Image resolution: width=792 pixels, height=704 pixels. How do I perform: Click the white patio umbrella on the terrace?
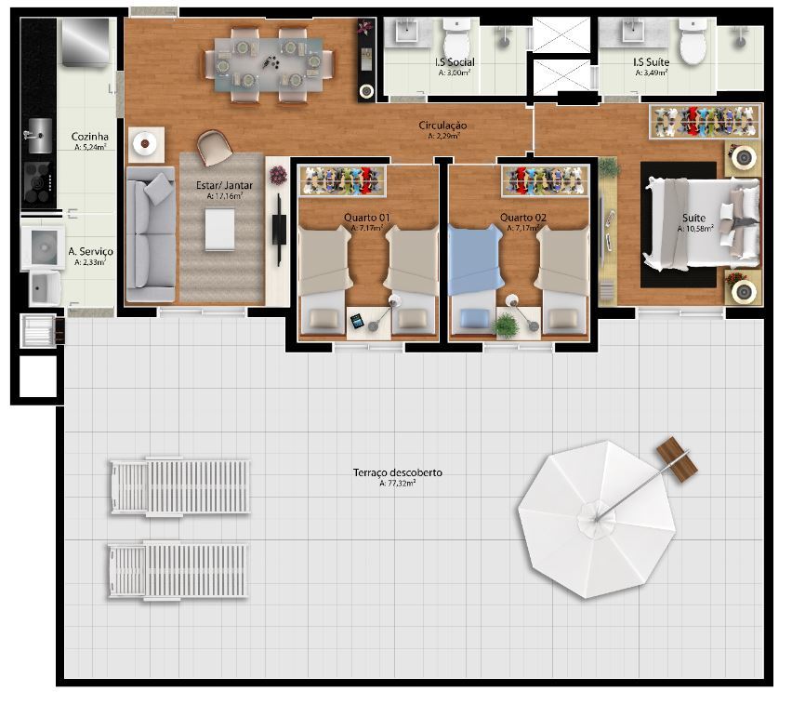597,520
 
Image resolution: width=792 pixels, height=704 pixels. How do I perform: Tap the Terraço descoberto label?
398,473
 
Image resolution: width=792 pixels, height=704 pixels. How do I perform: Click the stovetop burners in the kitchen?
37,182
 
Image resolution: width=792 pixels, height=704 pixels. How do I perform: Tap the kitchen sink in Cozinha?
39,136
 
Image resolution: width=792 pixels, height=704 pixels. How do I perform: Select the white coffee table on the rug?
219,230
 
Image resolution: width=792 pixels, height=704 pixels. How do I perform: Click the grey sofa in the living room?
151,234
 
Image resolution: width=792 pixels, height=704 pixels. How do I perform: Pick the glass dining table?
269,65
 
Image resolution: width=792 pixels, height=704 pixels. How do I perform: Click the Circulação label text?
442,126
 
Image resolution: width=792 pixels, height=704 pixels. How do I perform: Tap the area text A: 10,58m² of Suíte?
695,229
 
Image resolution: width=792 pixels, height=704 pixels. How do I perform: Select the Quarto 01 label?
366,218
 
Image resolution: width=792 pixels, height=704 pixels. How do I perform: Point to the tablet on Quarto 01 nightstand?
357,321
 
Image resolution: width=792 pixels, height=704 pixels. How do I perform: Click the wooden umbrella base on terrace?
677,461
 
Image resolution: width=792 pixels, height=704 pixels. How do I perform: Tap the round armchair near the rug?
215,147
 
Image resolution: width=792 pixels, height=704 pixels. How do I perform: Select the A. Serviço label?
90,252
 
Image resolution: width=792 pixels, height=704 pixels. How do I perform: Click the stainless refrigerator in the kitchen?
86,43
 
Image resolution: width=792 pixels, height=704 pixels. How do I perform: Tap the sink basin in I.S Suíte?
632,33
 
